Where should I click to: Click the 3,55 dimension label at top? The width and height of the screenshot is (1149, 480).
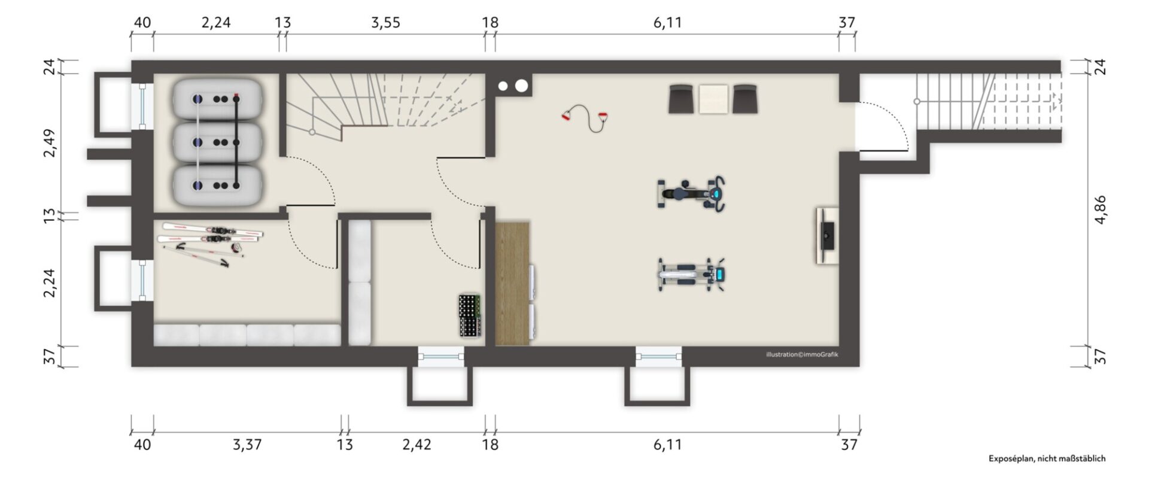tap(385, 23)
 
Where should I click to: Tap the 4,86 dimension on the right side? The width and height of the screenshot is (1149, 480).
tap(1100, 210)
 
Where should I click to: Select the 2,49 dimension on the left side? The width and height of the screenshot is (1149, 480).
tap(50, 143)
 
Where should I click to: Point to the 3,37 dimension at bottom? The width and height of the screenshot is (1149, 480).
tap(247, 445)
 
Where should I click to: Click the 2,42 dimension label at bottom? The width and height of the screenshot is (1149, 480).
tap(417, 445)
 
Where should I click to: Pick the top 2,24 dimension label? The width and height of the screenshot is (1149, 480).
tap(216, 23)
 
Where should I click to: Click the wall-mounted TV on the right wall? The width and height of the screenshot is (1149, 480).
tap(828, 235)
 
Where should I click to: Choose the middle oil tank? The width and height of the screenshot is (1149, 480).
tap(217, 142)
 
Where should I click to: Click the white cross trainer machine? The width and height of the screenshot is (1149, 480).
tap(692, 275)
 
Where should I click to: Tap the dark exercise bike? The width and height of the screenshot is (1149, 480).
tap(692, 193)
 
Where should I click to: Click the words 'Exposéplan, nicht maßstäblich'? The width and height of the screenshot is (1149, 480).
tap(1047, 458)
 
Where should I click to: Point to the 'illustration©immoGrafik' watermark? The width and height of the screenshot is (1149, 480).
tap(802, 354)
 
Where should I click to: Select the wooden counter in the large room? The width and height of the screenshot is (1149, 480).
tap(513, 283)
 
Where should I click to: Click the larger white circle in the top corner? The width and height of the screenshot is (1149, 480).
tap(521, 86)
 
